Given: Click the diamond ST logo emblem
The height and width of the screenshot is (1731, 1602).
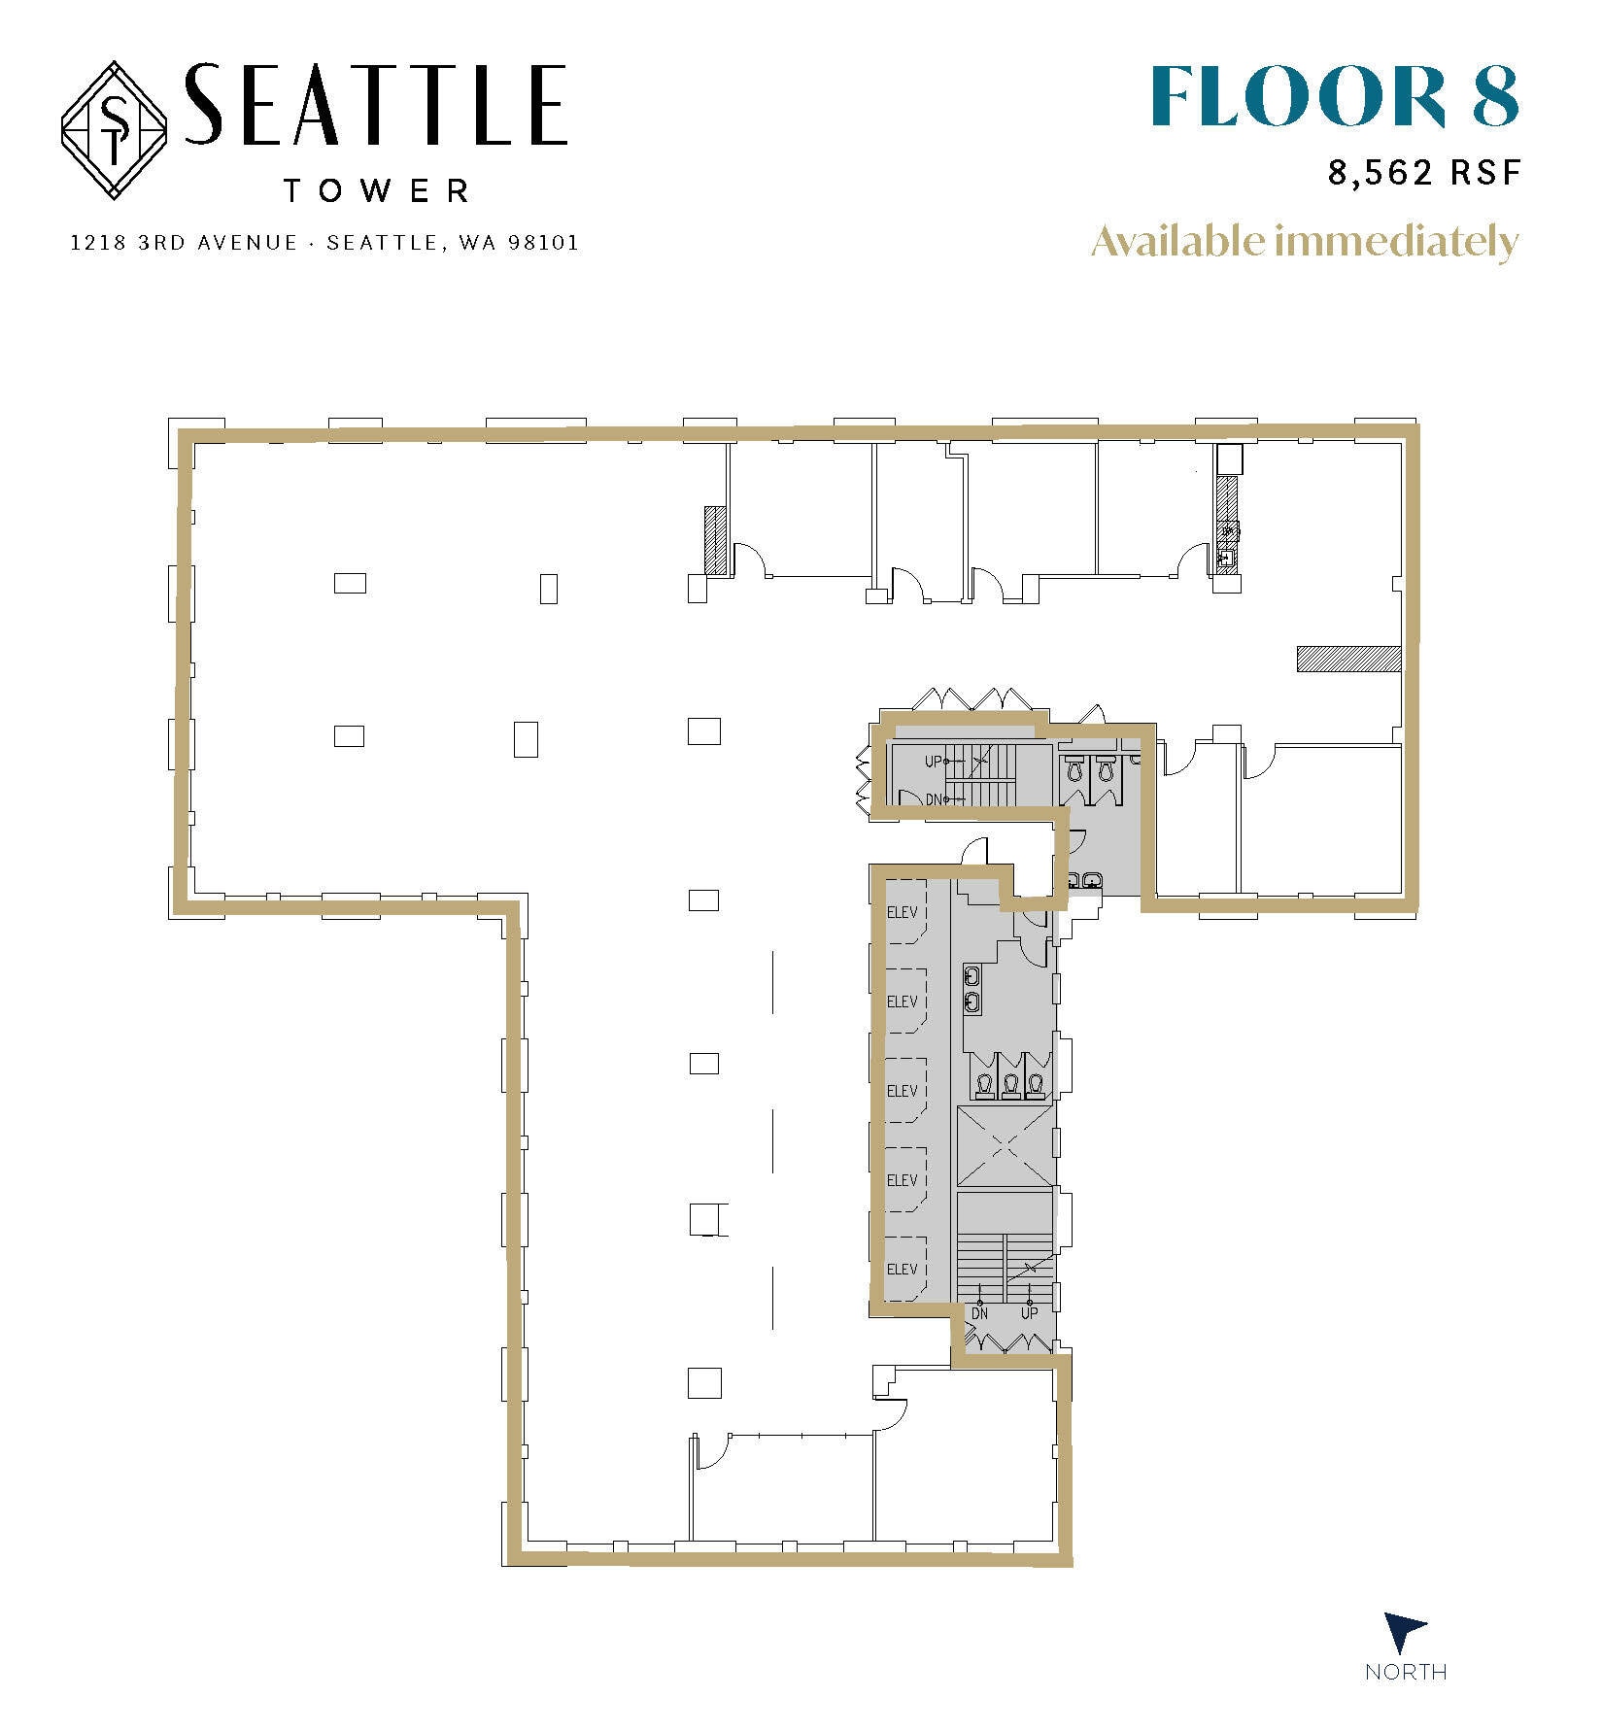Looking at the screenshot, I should coord(115,131).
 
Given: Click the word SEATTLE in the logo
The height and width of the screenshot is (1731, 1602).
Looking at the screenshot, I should coord(374,105).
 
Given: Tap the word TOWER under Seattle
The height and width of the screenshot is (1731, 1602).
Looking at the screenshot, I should coord(377,190).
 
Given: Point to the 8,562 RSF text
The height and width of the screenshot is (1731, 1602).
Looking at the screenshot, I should coord(1423,173).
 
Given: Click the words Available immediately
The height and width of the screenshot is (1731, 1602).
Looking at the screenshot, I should coord(1304,242).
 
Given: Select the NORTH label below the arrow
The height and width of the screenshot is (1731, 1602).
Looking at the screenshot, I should coord(1405,1672).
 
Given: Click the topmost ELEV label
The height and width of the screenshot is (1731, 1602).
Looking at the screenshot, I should coord(902,912).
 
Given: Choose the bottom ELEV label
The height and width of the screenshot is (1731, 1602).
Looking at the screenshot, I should coord(902,1269).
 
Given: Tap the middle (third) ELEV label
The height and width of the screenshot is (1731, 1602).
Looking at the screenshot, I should coord(902,1091).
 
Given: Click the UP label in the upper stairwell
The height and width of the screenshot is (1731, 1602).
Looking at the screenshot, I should coord(933,762).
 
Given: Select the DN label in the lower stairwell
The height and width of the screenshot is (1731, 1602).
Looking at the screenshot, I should coord(979,1313).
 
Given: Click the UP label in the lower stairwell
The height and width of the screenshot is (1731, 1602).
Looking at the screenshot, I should coord(1029,1313).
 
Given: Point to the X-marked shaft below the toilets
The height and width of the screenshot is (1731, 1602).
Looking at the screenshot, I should coord(1005,1146).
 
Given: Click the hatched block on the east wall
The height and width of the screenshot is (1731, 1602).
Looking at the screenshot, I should coord(1348,659).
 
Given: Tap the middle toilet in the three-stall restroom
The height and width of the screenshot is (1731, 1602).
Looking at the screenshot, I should coord(1010,1084).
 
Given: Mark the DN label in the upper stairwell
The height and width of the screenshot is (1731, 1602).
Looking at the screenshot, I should coord(934,799).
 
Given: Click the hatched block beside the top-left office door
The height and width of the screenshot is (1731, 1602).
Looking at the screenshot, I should coord(716,541).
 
